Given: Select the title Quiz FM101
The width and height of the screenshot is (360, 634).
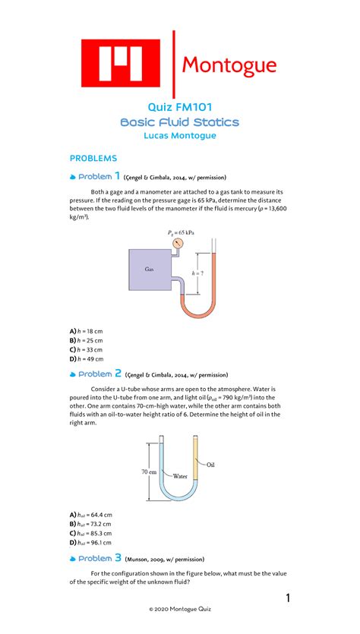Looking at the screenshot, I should (180, 108).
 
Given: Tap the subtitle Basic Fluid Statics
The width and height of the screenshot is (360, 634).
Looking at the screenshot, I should (180, 122).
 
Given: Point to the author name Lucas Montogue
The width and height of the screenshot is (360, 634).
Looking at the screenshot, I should (180, 136).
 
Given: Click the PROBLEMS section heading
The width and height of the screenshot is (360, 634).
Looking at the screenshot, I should (93, 158).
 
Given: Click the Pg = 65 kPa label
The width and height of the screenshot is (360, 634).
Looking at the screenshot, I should (182, 232).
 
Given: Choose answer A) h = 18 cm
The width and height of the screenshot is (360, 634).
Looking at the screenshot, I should (87, 332).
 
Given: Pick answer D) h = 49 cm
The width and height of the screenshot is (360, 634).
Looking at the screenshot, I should (87, 359).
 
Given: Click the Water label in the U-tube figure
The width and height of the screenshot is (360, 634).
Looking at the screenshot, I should (179, 477).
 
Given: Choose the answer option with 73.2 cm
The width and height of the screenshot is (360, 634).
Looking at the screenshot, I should (90, 524).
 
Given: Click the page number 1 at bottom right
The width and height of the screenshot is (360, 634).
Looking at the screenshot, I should (289, 599).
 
